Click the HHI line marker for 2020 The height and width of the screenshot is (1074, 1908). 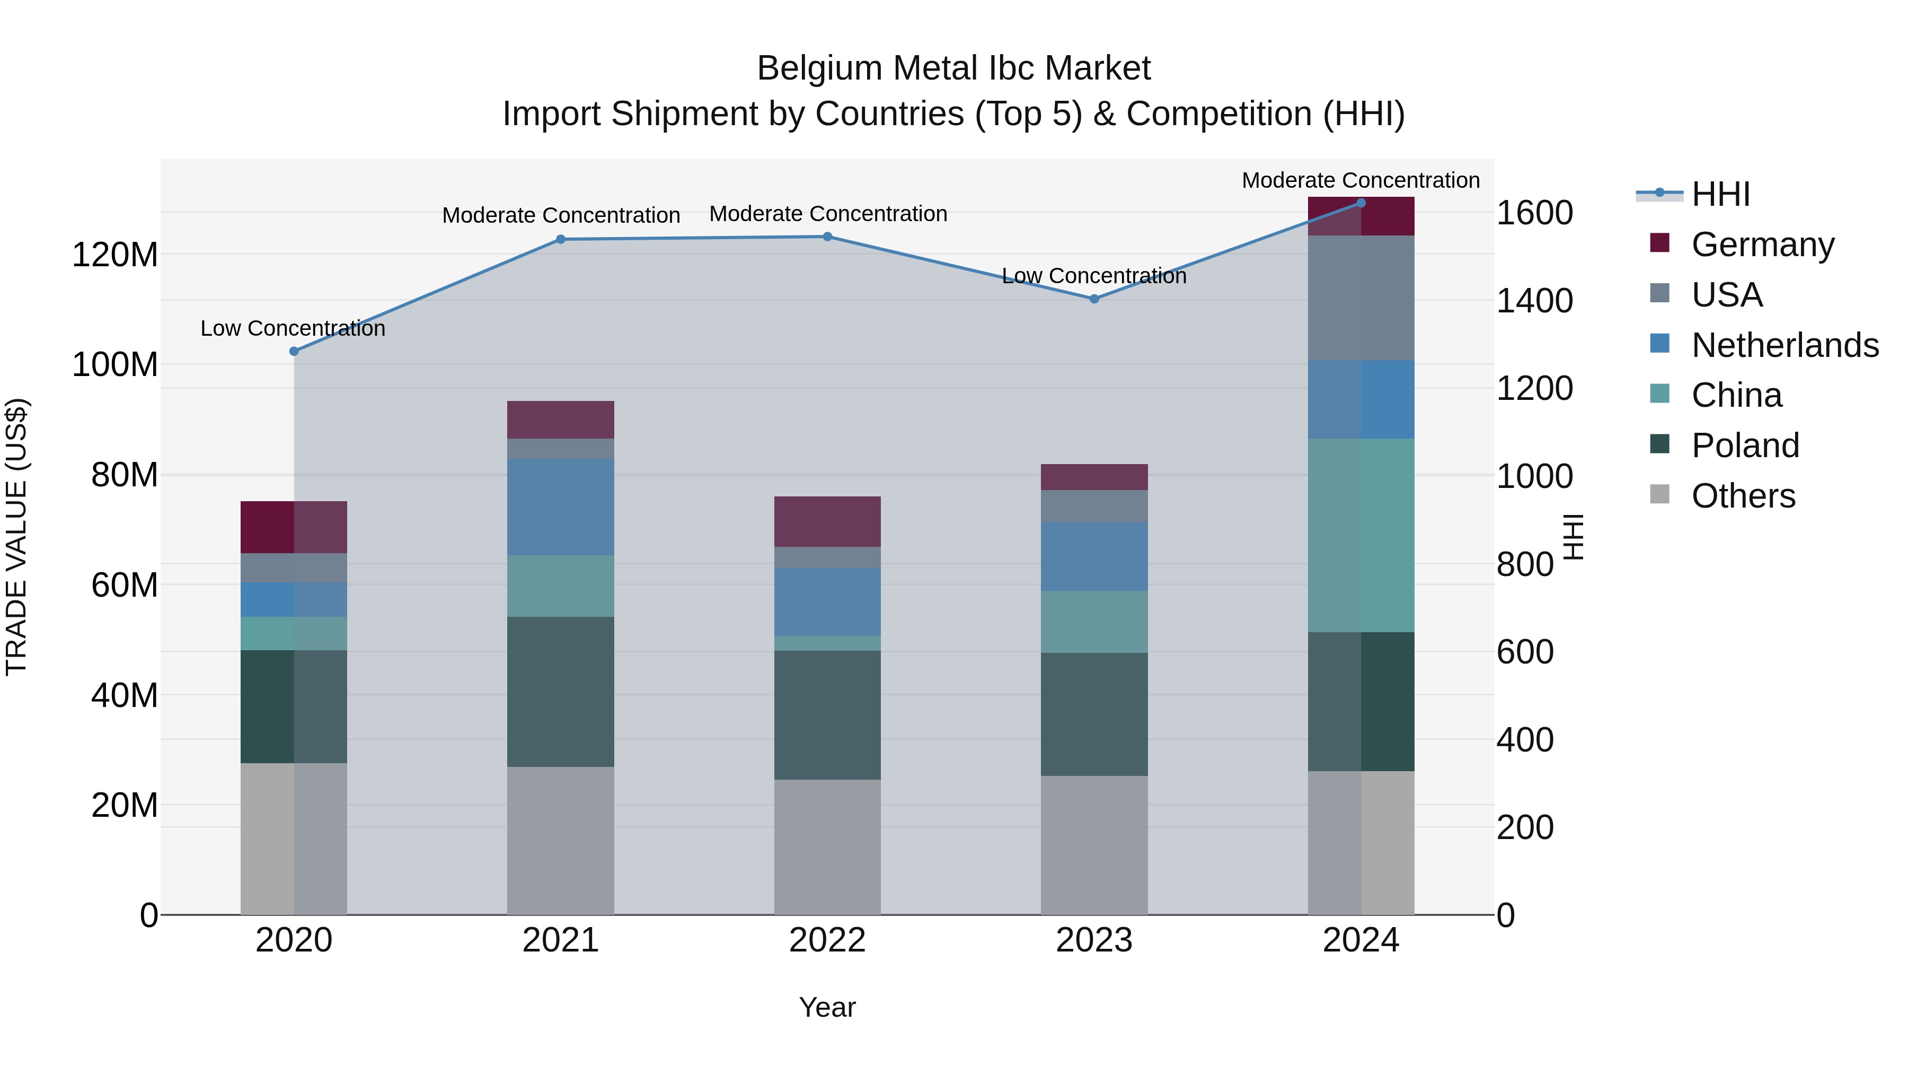[294, 351]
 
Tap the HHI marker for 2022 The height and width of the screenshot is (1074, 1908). [827, 237]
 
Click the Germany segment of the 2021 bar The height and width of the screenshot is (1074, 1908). [561, 420]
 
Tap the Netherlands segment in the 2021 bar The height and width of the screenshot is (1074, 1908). [561, 507]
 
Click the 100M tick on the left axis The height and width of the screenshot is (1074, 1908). [115, 365]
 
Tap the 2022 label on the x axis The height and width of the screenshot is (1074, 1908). [827, 940]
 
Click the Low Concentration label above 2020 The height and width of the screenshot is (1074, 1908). [293, 328]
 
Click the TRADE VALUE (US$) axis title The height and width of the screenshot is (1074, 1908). [16, 537]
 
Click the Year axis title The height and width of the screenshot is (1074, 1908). [827, 1007]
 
